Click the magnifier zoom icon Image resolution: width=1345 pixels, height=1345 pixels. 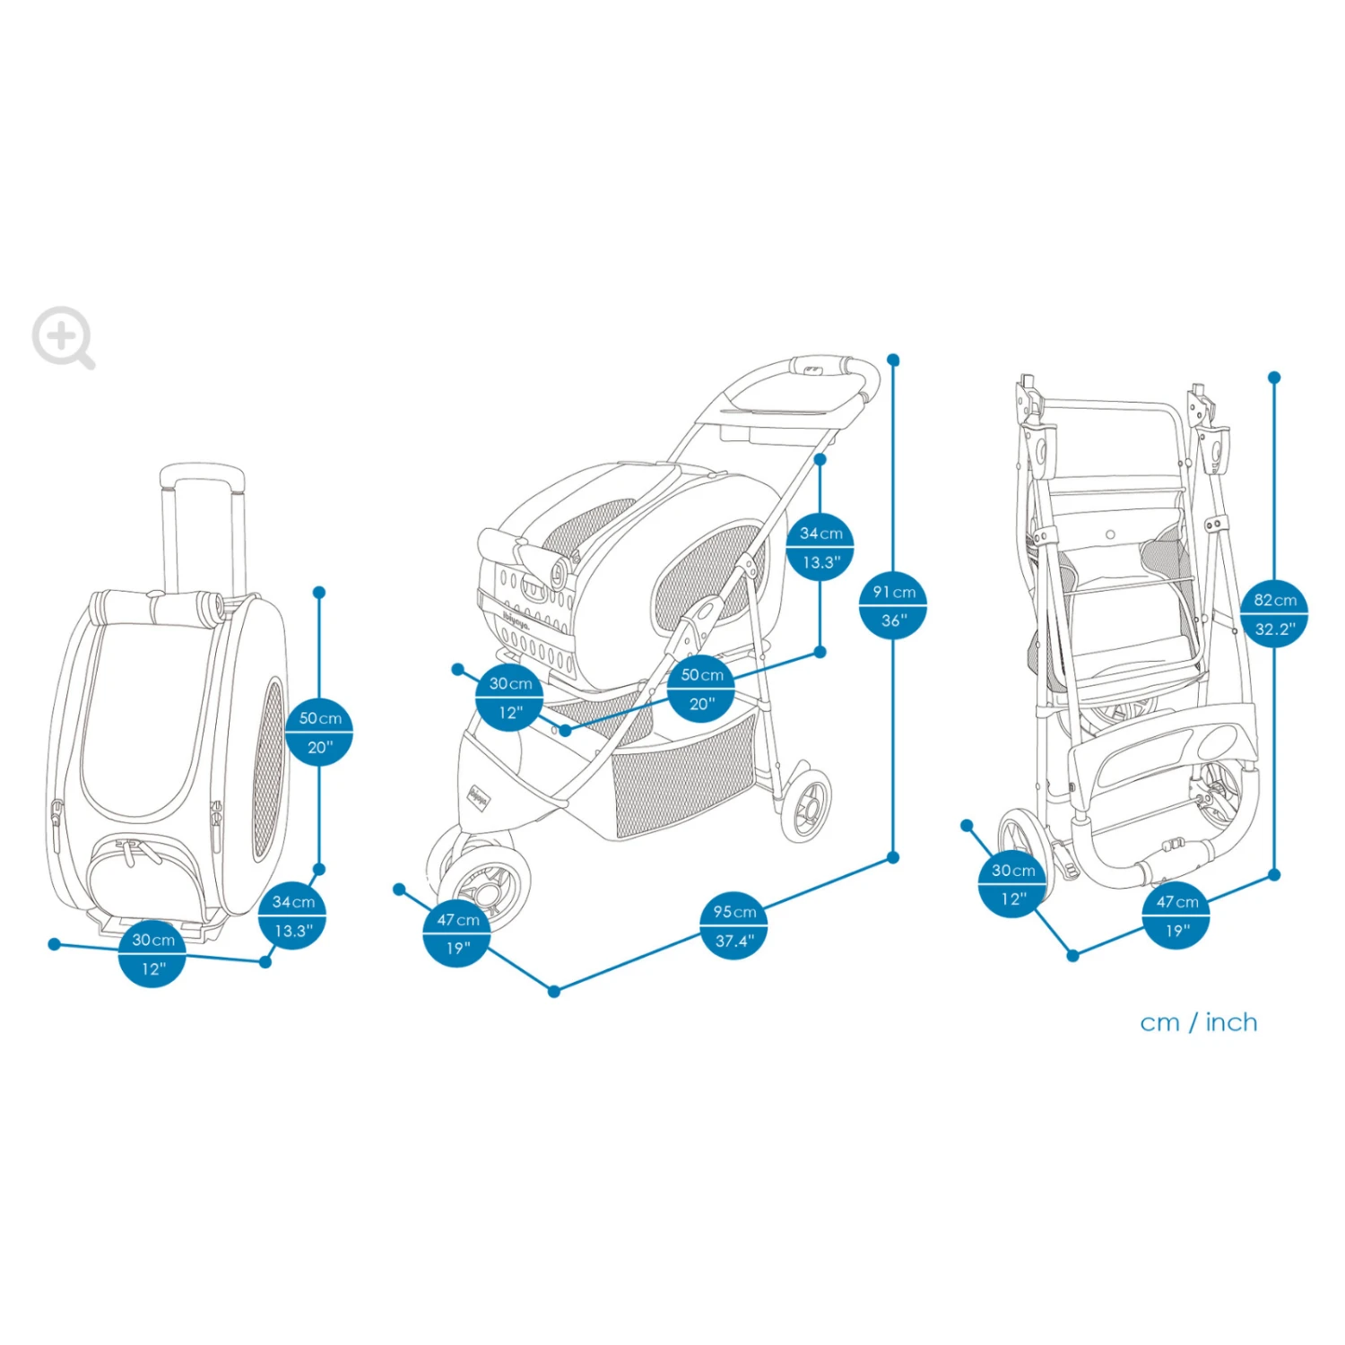pyautogui.click(x=62, y=337)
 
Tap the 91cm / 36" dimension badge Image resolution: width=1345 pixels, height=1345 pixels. pyautogui.click(x=893, y=605)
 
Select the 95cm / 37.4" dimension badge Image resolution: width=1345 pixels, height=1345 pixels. pyautogui.click(x=733, y=926)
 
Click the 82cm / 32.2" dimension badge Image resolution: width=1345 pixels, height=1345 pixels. pyautogui.click(x=1274, y=614)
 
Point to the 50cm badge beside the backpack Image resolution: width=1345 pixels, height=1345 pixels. pyautogui.click(x=319, y=732)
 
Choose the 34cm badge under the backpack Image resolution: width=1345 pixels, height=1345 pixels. pyautogui.click(x=292, y=915)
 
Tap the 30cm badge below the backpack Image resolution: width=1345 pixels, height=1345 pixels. pyautogui.click(x=152, y=953)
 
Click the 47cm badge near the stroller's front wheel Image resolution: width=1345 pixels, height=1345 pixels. pyautogui.click(x=457, y=933)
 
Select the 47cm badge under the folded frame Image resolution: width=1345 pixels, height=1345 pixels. pyautogui.click(x=1176, y=915)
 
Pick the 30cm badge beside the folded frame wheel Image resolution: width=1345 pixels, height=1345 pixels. pyautogui.click(x=1012, y=884)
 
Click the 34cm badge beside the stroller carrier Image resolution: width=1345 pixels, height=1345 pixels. pyautogui.click(x=820, y=547)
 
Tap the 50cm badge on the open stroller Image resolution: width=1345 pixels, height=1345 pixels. pyautogui.click(x=701, y=689)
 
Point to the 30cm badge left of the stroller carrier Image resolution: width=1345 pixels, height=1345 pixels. pyautogui.click(x=509, y=698)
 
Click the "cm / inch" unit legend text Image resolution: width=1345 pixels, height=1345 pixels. pyautogui.click(x=1198, y=1022)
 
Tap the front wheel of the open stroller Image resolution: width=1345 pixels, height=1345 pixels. pyautogui.click(x=485, y=883)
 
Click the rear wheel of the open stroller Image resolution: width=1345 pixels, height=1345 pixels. pyautogui.click(x=807, y=804)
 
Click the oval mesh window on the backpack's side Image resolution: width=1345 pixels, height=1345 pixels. pyautogui.click(x=268, y=768)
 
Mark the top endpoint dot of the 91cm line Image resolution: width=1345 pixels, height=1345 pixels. pyautogui.click(x=893, y=360)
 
